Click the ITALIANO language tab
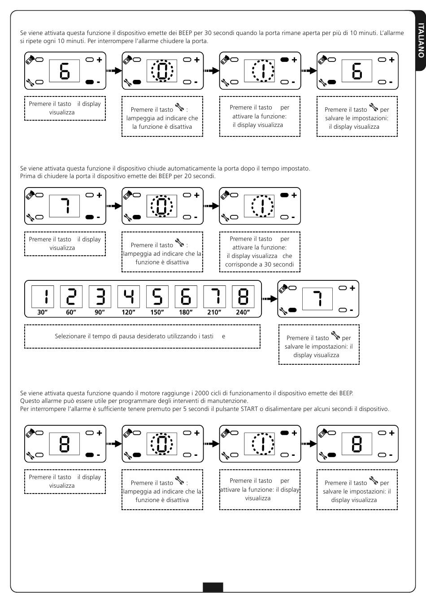420,40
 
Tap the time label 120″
128,312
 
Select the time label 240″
243,312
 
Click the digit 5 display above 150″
157,297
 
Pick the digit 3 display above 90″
100,297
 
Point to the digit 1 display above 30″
43,297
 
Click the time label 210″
214,312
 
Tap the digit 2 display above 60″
71,297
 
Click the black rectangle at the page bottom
213,587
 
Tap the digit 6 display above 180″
186,297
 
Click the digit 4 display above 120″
129,297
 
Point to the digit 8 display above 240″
243,297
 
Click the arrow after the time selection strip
270,298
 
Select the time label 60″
71,312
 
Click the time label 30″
42,312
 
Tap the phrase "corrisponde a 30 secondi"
260,264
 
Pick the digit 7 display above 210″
214,297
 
